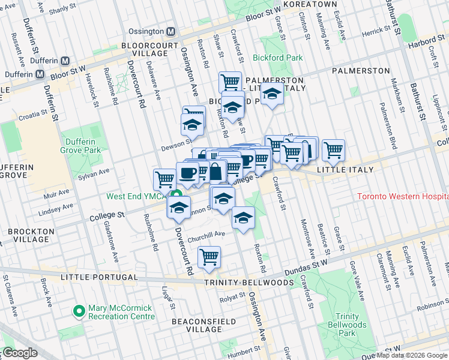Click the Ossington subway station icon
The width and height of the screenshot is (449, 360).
tap(170, 31)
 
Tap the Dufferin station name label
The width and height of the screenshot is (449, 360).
tap(43, 61)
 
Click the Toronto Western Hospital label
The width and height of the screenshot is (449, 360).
tap(402, 197)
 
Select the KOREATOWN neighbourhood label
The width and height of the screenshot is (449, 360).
tap(310, 4)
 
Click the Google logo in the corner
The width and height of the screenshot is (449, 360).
tap(20, 353)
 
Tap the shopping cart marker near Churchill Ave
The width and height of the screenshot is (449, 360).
tap(209, 257)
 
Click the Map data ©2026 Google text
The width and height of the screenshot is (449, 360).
tap(412, 355)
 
